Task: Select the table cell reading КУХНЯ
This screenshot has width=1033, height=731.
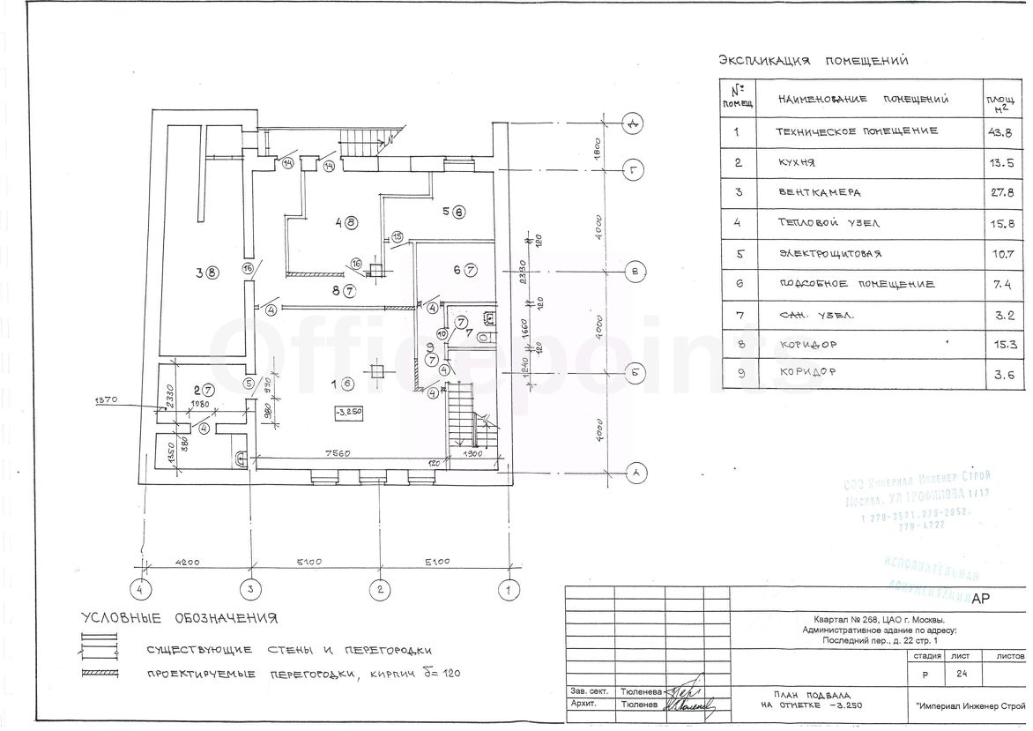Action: [x=799, y=162]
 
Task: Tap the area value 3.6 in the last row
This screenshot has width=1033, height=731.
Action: [x=1001, y=374]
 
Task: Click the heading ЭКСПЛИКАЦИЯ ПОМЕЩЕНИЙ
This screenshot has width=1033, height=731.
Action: [x=814, y=61]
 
